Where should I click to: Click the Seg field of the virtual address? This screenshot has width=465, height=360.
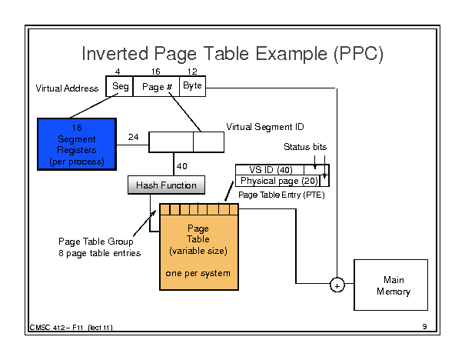pos(119,86)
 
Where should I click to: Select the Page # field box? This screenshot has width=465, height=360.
pos(156,86)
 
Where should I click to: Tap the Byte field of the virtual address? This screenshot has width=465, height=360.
pos(192,86)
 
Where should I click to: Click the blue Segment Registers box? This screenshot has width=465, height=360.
pos(77,145)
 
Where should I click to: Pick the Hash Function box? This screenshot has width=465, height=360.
pos(166,185)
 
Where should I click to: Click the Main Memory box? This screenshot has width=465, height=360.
pos(391,285)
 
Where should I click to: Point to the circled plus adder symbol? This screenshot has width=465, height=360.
pos(337,285)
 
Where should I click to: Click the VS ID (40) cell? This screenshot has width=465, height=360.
pos(270,170)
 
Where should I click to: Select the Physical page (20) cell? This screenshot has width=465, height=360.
pos(278,181)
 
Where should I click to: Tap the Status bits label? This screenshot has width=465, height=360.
pos(305,147)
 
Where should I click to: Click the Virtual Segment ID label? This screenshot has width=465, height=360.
pos(265,127)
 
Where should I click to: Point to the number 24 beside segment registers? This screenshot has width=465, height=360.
pos(134,137)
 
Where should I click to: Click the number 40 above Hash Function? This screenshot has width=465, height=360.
pos(182,166)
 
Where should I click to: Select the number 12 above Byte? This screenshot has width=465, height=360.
pos(192,72)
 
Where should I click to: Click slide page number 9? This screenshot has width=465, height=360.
pos(425,326)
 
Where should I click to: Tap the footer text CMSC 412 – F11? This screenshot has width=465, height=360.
pos(56,328)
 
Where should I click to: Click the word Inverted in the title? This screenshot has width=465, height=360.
pos(115,54)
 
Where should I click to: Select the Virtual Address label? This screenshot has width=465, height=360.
pos(67,88)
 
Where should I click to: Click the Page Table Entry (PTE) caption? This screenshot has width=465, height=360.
pos(281,195)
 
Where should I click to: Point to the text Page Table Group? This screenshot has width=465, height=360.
pos(96,242)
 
